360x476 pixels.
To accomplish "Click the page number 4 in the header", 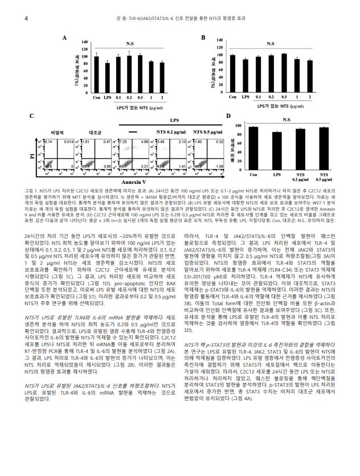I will (26, 18).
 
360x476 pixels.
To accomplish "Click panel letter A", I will (64, 38).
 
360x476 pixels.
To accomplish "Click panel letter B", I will (203, 38).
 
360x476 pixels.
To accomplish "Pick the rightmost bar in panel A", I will (162, 77).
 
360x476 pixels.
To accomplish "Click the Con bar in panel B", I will (232, 73).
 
